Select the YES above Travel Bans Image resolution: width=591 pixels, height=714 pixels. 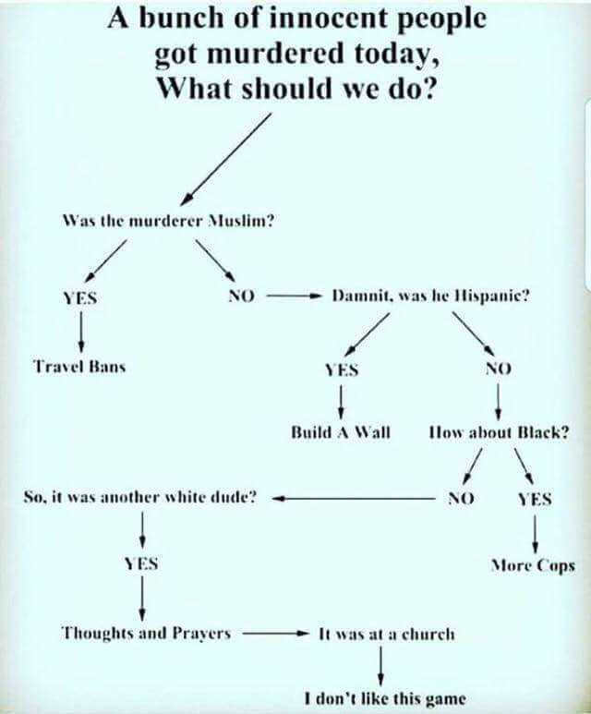(x=79, y=297)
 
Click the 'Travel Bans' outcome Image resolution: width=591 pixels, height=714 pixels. (x=80, y=365)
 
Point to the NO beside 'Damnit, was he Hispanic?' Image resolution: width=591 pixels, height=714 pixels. (x=240, y=296)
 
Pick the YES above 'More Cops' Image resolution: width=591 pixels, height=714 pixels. (x=535, y=498)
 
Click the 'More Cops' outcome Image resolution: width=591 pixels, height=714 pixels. (x=535, y=564)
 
